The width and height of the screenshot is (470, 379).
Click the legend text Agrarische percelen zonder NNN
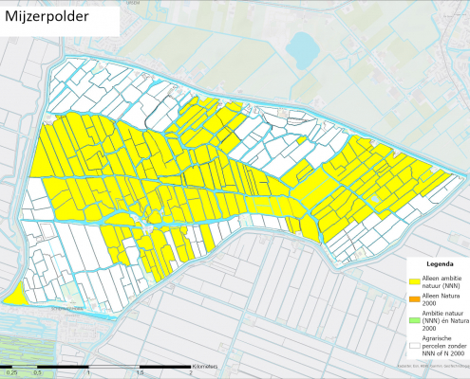[x=443, y=343]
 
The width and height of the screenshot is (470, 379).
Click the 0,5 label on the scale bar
[x=37, y=373]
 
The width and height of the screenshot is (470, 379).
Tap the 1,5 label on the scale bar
[x=140, y=373]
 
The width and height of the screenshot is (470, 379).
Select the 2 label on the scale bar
[x=191, y=373]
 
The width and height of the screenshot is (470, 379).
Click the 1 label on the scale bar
[x=88, y=373]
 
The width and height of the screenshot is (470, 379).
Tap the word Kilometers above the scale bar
[x=206, y=363]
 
